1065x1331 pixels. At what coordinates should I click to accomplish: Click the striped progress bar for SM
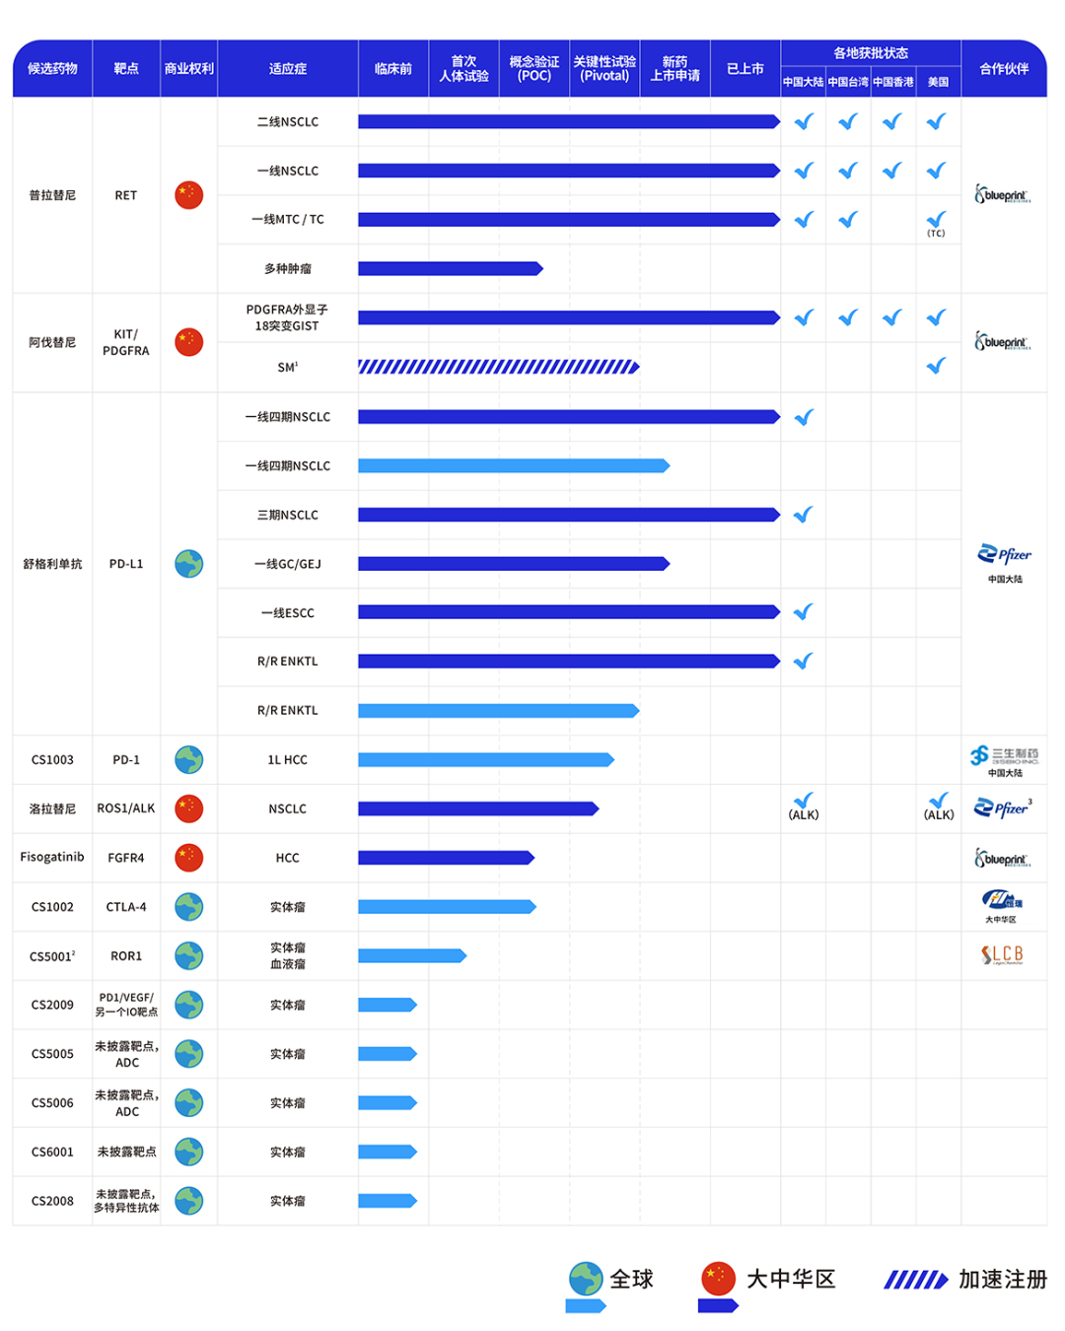pyautogui.click(x=498, y=367)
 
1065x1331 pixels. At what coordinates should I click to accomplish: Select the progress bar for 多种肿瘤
pyautogui.click(x=450, y=268)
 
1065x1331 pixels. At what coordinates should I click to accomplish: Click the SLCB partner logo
pyautogui.click(x=1002, y=954)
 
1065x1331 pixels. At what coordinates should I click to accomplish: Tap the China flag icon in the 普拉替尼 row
pyautogui.click(x=188, y=195)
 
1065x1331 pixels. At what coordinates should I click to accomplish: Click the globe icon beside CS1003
pyautogui.click(x=188, y=759)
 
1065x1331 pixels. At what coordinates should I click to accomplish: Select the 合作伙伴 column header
pyautogui.click(x=1003, y=69)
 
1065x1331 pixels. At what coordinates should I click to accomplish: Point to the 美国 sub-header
pyautogui.click(x=937, y=82)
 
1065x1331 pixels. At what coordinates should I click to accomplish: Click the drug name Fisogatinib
pyautogui.click(x=52, y=857)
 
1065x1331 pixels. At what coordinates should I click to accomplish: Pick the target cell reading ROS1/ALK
pyautogui.click(x=125, y=808)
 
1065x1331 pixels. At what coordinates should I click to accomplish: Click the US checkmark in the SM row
pyautogui.click(x=936, y=366)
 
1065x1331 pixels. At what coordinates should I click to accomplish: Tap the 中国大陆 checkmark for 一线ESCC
pyautogui.click(x=804, y=612)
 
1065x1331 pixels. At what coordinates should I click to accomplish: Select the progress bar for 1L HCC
pyautogui.click(x=485, y=759)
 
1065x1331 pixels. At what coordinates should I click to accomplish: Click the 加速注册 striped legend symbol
pyautogui.click(x=915, y=1280)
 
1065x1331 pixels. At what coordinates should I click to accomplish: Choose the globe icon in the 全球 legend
pyautogui.click(x=586, y=1278)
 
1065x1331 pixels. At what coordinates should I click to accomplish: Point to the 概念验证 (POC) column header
pyautogui.click(x=533, y=69)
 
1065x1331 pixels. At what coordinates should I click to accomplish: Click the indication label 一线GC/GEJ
pyautogui.click(x=287, y=564)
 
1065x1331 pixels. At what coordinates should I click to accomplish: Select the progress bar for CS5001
pyautogui.click(x=411, y=955)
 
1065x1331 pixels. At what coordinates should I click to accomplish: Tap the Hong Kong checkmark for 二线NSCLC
pyautogui.click(x=892, y=121)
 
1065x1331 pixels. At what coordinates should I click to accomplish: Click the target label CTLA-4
pyautogui.click(x=125, y=907)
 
